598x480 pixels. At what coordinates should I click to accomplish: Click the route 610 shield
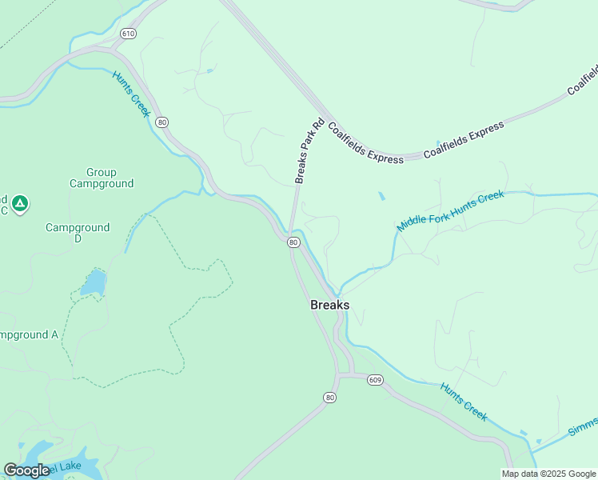pyautogui.click(x=129, y=33)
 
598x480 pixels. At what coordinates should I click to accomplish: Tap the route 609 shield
pyautogui.click(x=375, y=379)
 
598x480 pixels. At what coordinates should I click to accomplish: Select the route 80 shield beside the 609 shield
pyautogui.click(x=330, y=397)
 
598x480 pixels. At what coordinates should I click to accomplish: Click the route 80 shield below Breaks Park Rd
pyautogui.click(x=294, y=242)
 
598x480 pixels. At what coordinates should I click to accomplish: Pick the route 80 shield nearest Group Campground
pyautogui.click(x=162, y=122)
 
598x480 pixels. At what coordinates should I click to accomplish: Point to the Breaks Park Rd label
pyautogui.click(x=309, y=150)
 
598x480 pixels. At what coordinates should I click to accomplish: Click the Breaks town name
pyautogui.click(x=329, y=305)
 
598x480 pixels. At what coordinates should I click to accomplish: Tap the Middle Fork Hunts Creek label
pyautogui.click(x=450, y=211)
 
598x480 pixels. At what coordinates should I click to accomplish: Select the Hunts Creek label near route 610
pyautogui.click(x=131, y=94)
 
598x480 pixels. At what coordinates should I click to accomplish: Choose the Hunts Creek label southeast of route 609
pyautogui.click(x=464, y=402)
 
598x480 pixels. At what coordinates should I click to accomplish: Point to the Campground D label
pyautogui.click(x=78, y=233)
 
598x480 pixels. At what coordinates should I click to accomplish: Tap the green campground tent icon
pyautogui.click(x=21, y=205)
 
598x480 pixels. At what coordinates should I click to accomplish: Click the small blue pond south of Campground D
pyautogui.click(x=94, y=282)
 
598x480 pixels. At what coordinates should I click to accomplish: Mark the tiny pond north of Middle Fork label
pyautogui.click(x=381, y=195)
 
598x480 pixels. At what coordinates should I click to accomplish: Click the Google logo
pyautogui.click(x=26, y=470)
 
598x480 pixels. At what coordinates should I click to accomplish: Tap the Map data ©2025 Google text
pyautogui.click(x=548, y=474)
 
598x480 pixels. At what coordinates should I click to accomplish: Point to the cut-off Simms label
pyautogui.click(x=584, y=426)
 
